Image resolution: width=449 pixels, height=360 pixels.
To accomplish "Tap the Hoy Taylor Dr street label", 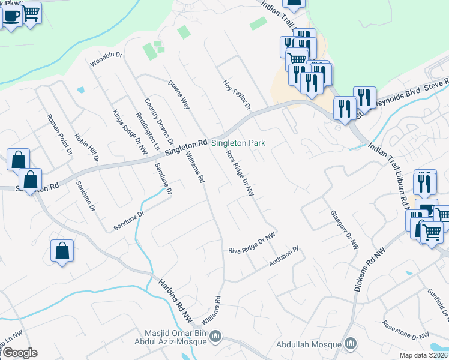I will [236, 95].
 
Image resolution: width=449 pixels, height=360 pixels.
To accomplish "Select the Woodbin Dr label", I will [106, 59].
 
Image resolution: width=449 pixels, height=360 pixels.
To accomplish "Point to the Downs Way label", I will [179, 95].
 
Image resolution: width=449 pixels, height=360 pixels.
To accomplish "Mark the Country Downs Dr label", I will [159, 122].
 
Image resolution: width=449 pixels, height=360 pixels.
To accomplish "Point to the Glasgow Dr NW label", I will [344, 229].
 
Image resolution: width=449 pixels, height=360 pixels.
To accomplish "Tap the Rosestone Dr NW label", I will [406, 329].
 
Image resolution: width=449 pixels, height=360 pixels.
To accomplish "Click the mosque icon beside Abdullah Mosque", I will [351, 344].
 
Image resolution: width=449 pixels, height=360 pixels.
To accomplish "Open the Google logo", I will [20, 353].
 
